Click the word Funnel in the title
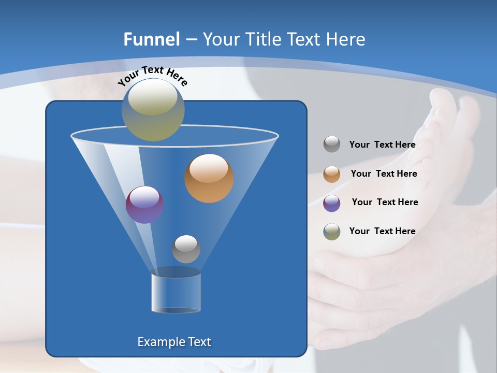(x=152, y=39)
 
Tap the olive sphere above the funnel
(x=153, y=109)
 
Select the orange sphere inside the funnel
(x=209, y=178)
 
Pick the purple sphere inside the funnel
(x=144, y=205)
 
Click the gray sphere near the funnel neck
(x=186, y=249)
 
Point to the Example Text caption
(x=174, y=342)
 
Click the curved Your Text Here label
(x=152, y=75)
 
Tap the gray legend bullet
(x=332, y=145)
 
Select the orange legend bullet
(x=332, y=174)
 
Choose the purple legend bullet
(x=332, y=203)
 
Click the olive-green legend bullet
(x=332, y=232)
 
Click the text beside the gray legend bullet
(x=383, y=145)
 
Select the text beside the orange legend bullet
(x=384, y=174)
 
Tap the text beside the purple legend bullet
(x=385, y=202)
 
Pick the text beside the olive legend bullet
(x=383, y=231)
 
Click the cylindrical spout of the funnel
(x=176, y=293)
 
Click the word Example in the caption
(x=158, y=342)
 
